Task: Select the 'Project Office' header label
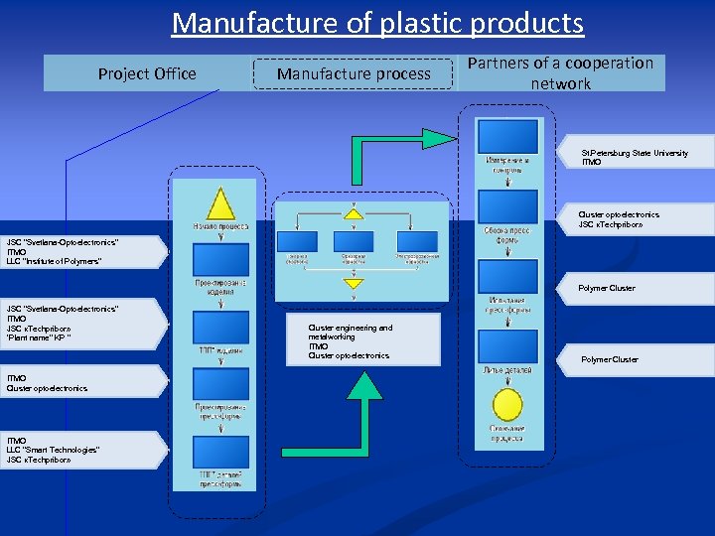[147, 73]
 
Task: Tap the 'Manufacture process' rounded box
[354, 73]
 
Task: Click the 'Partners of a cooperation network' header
[560, 73]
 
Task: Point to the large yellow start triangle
[219, 203]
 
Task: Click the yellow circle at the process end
[507, 404]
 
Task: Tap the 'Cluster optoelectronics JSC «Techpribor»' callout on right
[636, 219]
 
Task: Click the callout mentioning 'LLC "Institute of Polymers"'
[79, 252]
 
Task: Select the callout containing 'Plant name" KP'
[79, 324]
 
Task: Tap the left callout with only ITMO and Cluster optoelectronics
[79, 383]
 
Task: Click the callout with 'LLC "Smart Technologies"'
[79, 450]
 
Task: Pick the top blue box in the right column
[507, 137]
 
